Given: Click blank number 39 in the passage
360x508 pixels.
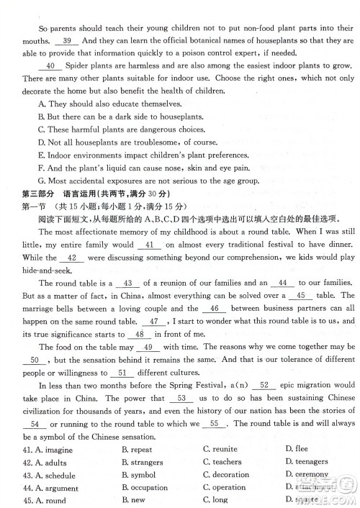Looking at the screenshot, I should [x=67, y=41].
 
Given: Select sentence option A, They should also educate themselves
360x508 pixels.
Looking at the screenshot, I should [x=99, y=105].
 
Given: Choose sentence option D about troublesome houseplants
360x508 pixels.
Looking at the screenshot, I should [x=123, y=142].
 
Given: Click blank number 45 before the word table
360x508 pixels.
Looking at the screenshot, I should [x=300, y=295].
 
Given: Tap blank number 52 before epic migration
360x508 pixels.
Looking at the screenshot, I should [x=264, y=384].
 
